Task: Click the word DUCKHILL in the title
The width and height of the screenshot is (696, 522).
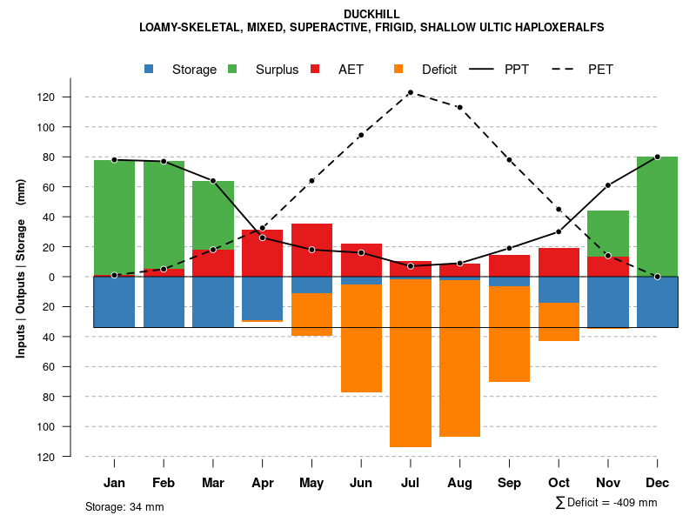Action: pyautogui.click(x=371, y=14)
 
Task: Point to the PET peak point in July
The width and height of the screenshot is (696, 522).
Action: pyautogui.click(x=411, y=92)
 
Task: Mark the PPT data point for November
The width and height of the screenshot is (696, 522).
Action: pyautogui.click(x=608, y=185)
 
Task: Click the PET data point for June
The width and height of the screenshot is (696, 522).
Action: pyautogui.click(x=361, y=135)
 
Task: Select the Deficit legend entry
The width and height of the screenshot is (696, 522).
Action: pyautogui.click(x=426, y=70)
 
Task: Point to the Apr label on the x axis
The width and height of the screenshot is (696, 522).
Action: pyautogui.click(x=263, y=483)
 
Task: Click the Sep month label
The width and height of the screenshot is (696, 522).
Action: pyautogui.click(x=510, y=483)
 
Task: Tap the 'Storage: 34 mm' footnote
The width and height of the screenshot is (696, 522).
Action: pyautogui.click(x=124, y=506)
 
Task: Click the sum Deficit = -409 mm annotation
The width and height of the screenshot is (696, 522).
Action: pyautogui.click(x=606, y=503)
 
